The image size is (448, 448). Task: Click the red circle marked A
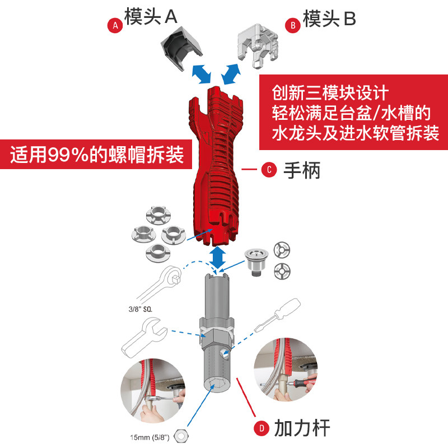click(x=115, y=25)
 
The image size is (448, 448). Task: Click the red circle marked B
click(x=292, y=25)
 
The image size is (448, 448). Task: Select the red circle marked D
click(x=261, y=430)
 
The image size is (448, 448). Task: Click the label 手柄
click(x=301, y=170)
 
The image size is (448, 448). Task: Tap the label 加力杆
click(x=302, y=428)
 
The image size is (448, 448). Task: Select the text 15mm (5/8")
click(x=150, y=436)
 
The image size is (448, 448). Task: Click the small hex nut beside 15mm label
click(x=181, y=435)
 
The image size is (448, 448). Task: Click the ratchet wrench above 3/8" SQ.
click(x=162, y=283)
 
